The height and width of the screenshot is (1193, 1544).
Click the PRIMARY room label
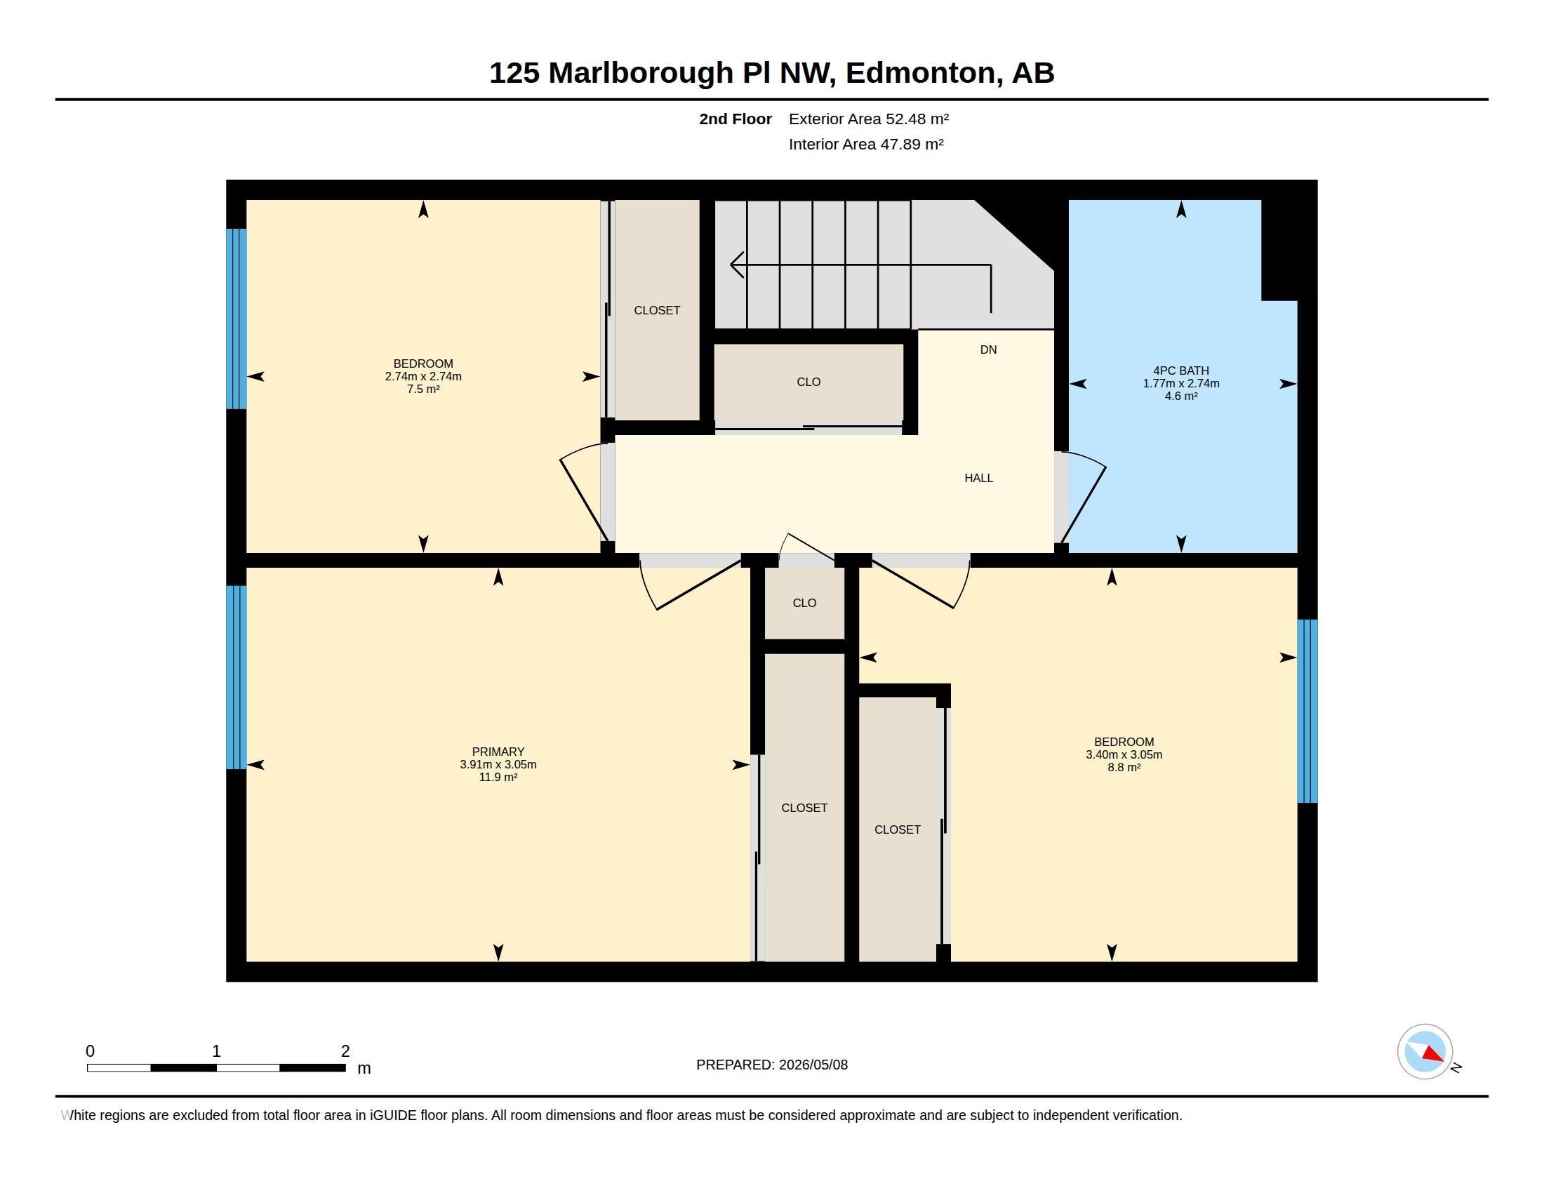(x=498, y=752)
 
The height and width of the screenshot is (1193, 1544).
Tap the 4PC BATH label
(x=1180, y=371)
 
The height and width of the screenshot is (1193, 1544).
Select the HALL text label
(x=978, y=478)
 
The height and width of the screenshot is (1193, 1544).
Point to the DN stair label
(x=988, y=349)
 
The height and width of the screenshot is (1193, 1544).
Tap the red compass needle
(x=1432, y=1054)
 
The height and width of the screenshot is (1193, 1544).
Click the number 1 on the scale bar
(x=216, y=1051)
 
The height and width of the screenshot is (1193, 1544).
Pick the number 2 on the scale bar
(x=345, y=1051)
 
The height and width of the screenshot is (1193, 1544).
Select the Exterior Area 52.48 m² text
(x=868, y=119)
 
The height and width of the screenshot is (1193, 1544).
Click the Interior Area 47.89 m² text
(x=866, y=144)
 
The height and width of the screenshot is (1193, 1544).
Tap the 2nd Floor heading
(x=736, y=119)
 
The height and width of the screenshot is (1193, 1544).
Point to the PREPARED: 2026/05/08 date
(x=772, y=1065)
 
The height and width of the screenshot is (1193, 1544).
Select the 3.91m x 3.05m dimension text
(x=498, y=764)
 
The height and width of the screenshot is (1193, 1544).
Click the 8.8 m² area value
(x=1124, y=767)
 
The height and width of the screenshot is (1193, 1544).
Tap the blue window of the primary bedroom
(x=236, y=677)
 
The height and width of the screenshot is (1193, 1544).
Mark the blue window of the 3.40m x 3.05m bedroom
(x=1307, y=711)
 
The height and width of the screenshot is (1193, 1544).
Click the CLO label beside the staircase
(x=808, y=382)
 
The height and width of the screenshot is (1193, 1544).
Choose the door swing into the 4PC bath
(x=1082, y=498)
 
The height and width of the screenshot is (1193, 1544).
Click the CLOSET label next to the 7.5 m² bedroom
(x=657, y=310)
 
